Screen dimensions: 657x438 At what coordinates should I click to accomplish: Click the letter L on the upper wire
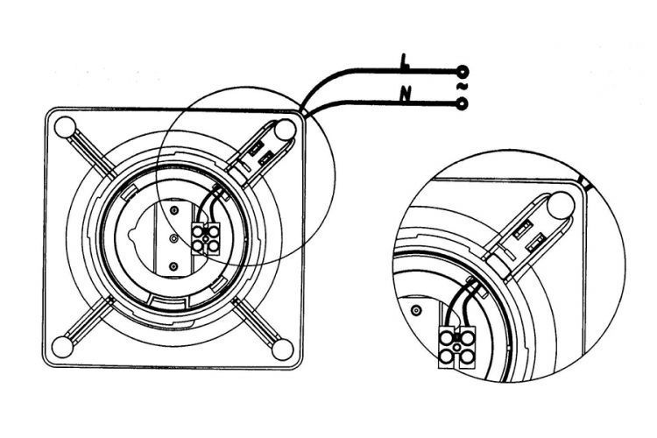[404, 62]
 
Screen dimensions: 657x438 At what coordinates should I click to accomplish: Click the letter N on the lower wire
[405, 95]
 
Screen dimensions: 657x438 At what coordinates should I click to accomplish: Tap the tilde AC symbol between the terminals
[462, 88]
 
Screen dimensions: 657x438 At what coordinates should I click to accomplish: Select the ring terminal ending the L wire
[463, 72]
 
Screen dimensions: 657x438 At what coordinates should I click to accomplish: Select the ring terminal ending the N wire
[463, 103]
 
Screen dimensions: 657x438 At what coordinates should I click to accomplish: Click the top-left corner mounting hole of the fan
[66, 127]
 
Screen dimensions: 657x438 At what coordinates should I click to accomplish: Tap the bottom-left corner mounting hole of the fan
[62, 348]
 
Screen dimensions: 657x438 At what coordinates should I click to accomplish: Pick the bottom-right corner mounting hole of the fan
[282, 350]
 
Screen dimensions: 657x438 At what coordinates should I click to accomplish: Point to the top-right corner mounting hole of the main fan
[286, 130]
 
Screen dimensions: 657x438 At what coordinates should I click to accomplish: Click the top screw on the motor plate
[174, 209]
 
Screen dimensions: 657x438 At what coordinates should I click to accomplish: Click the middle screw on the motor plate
[174, 238]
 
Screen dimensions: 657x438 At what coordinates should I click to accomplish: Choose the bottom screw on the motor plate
[173, 266]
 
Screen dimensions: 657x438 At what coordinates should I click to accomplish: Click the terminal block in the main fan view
[206, 238]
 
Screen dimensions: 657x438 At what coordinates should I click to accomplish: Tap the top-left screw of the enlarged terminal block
[447, 337]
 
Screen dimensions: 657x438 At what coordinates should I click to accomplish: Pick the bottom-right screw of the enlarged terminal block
[467, 357]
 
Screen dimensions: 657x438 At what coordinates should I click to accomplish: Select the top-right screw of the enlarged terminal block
[467, 336]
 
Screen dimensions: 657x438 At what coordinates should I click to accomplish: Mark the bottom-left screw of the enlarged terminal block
[446, 357]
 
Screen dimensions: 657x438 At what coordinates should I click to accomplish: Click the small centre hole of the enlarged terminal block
[456, 347]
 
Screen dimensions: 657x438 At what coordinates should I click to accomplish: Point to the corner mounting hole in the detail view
[561, 205]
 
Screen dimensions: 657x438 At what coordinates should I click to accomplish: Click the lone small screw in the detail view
[415, 311]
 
